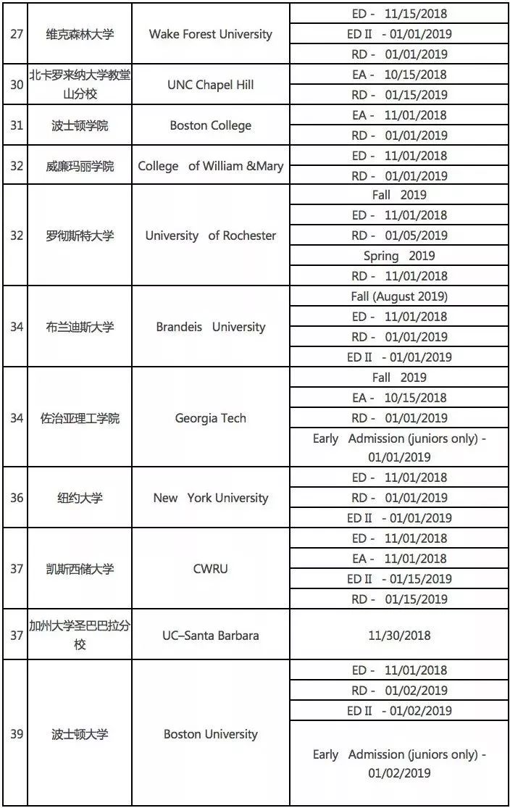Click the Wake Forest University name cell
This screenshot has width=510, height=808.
point(210,34)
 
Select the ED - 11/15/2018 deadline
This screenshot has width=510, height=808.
point(397,14)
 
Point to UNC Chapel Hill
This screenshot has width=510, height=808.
point(210,85)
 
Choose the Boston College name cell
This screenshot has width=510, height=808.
point(210,125)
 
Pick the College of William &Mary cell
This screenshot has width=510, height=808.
point(210,166)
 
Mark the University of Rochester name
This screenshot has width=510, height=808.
point(210,236)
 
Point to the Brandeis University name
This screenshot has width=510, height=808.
point(210,327)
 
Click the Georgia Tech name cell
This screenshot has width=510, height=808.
point(210,418)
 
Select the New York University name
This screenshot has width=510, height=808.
point(210,498)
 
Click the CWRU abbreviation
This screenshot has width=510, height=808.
point(210,569)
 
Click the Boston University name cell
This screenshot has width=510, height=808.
point(210,734)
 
